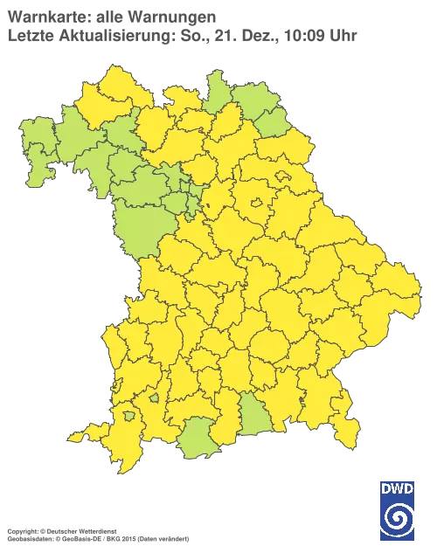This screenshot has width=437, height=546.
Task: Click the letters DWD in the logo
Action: [398, 489]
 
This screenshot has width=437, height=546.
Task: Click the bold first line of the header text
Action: [109, 15]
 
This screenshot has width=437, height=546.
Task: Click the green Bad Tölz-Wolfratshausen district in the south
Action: [252, 411]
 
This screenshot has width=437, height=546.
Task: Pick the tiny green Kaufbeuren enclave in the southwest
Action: [154, 398]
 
